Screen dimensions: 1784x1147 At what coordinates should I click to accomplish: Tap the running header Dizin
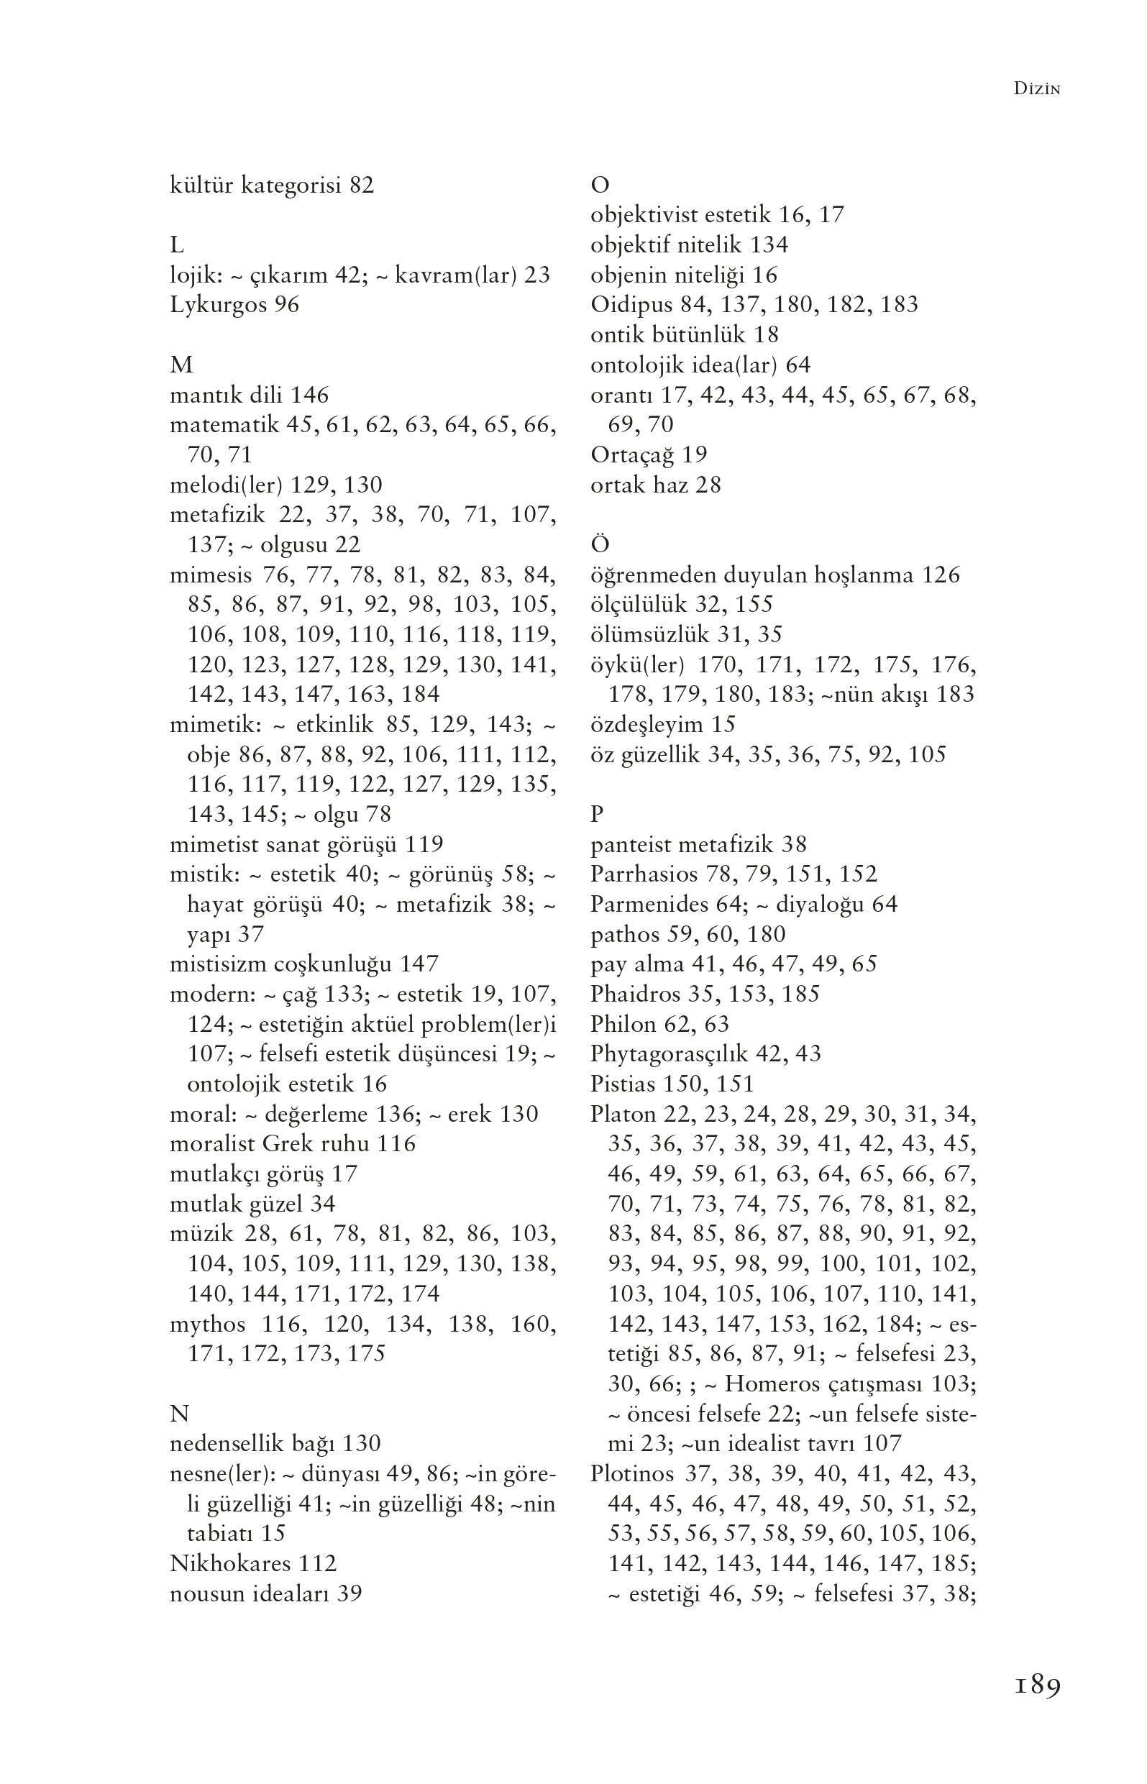1037,89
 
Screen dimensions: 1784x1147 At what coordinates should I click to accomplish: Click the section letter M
181,365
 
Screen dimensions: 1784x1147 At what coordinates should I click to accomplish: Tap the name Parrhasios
644,874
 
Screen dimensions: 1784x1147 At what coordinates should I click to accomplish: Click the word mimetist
213,844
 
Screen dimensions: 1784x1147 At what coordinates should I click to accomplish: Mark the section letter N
180,1413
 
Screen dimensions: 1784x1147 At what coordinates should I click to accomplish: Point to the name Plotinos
631,1473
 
